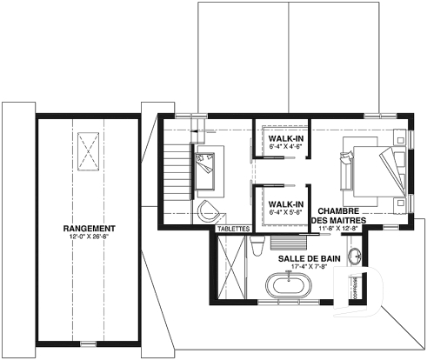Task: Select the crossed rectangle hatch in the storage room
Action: (90, 153)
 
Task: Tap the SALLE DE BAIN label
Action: (302, 259)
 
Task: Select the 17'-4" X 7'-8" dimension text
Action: (302, 268)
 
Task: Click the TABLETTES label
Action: (234, 229)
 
